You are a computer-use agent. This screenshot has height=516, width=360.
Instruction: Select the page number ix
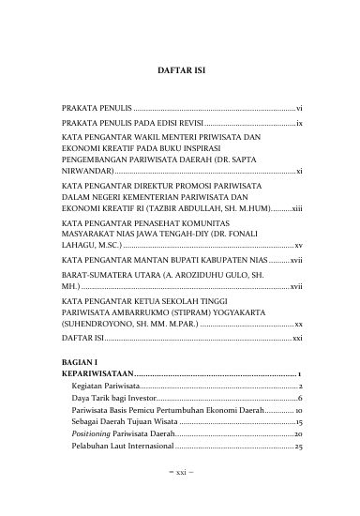tap(297, 124)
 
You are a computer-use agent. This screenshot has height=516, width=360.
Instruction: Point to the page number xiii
tap(295, 209)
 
